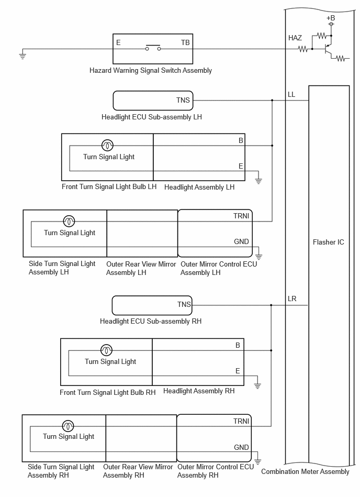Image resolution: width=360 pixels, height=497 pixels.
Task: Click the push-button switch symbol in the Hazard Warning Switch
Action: (153, 48)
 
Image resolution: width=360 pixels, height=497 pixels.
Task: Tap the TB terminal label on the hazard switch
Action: (185, 42)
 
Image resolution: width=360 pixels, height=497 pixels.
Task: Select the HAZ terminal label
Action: (295, 38)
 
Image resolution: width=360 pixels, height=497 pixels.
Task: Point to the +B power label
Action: (331, 18)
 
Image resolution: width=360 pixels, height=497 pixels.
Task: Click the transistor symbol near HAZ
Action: (328, 49)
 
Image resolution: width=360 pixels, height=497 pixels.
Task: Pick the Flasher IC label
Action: (328, 242)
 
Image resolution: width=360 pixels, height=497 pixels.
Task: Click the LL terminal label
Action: (291, 94)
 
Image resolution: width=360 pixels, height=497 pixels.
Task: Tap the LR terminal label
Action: (292, 299)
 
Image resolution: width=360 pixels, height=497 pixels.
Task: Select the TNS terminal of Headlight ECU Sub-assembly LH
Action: (183, 100)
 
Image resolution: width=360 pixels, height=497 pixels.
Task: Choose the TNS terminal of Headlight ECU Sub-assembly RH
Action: (184, 305)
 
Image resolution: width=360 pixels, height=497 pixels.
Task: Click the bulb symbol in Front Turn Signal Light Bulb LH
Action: (107, 146)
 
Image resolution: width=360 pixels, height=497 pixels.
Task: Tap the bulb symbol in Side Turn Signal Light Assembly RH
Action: (68, 426)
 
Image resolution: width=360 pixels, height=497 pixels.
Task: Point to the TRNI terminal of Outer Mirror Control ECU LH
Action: (241, 216)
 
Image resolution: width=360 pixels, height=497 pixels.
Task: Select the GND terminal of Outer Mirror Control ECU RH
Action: (241, 447)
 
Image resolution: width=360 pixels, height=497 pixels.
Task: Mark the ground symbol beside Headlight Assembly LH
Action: (258, 181)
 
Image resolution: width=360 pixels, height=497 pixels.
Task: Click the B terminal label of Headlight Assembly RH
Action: (238, 345)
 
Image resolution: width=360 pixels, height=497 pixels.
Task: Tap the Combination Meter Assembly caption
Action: (305, 472)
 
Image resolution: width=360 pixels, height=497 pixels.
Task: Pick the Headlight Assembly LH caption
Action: (199, 187)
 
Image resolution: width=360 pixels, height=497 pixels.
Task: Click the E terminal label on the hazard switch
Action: (118, 42)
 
